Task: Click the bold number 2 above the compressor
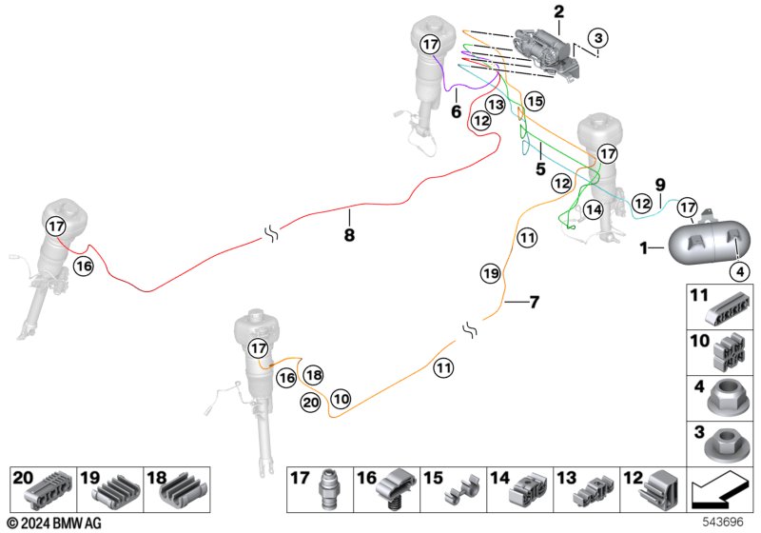pos(559,11)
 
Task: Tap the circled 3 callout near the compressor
pos(598,38)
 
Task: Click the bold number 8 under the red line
pos(349,235)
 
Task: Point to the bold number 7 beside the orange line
pos(534,303)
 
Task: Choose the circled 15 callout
pos(535,102)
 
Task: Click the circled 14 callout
pos(593,209)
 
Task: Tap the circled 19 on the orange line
pos(490,273)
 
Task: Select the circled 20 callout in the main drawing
pos(311,403)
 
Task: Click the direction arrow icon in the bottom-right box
pos(718,491)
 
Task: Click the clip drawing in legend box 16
pos(396,489)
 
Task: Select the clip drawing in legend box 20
pos(49,489)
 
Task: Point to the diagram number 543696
pos(723,523)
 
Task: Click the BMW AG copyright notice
pos(54,523)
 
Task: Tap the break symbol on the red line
pos(271,235)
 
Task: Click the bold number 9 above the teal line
pos(659,185)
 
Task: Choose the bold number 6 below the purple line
pos(457,111)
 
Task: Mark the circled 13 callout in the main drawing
pos(496,105)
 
